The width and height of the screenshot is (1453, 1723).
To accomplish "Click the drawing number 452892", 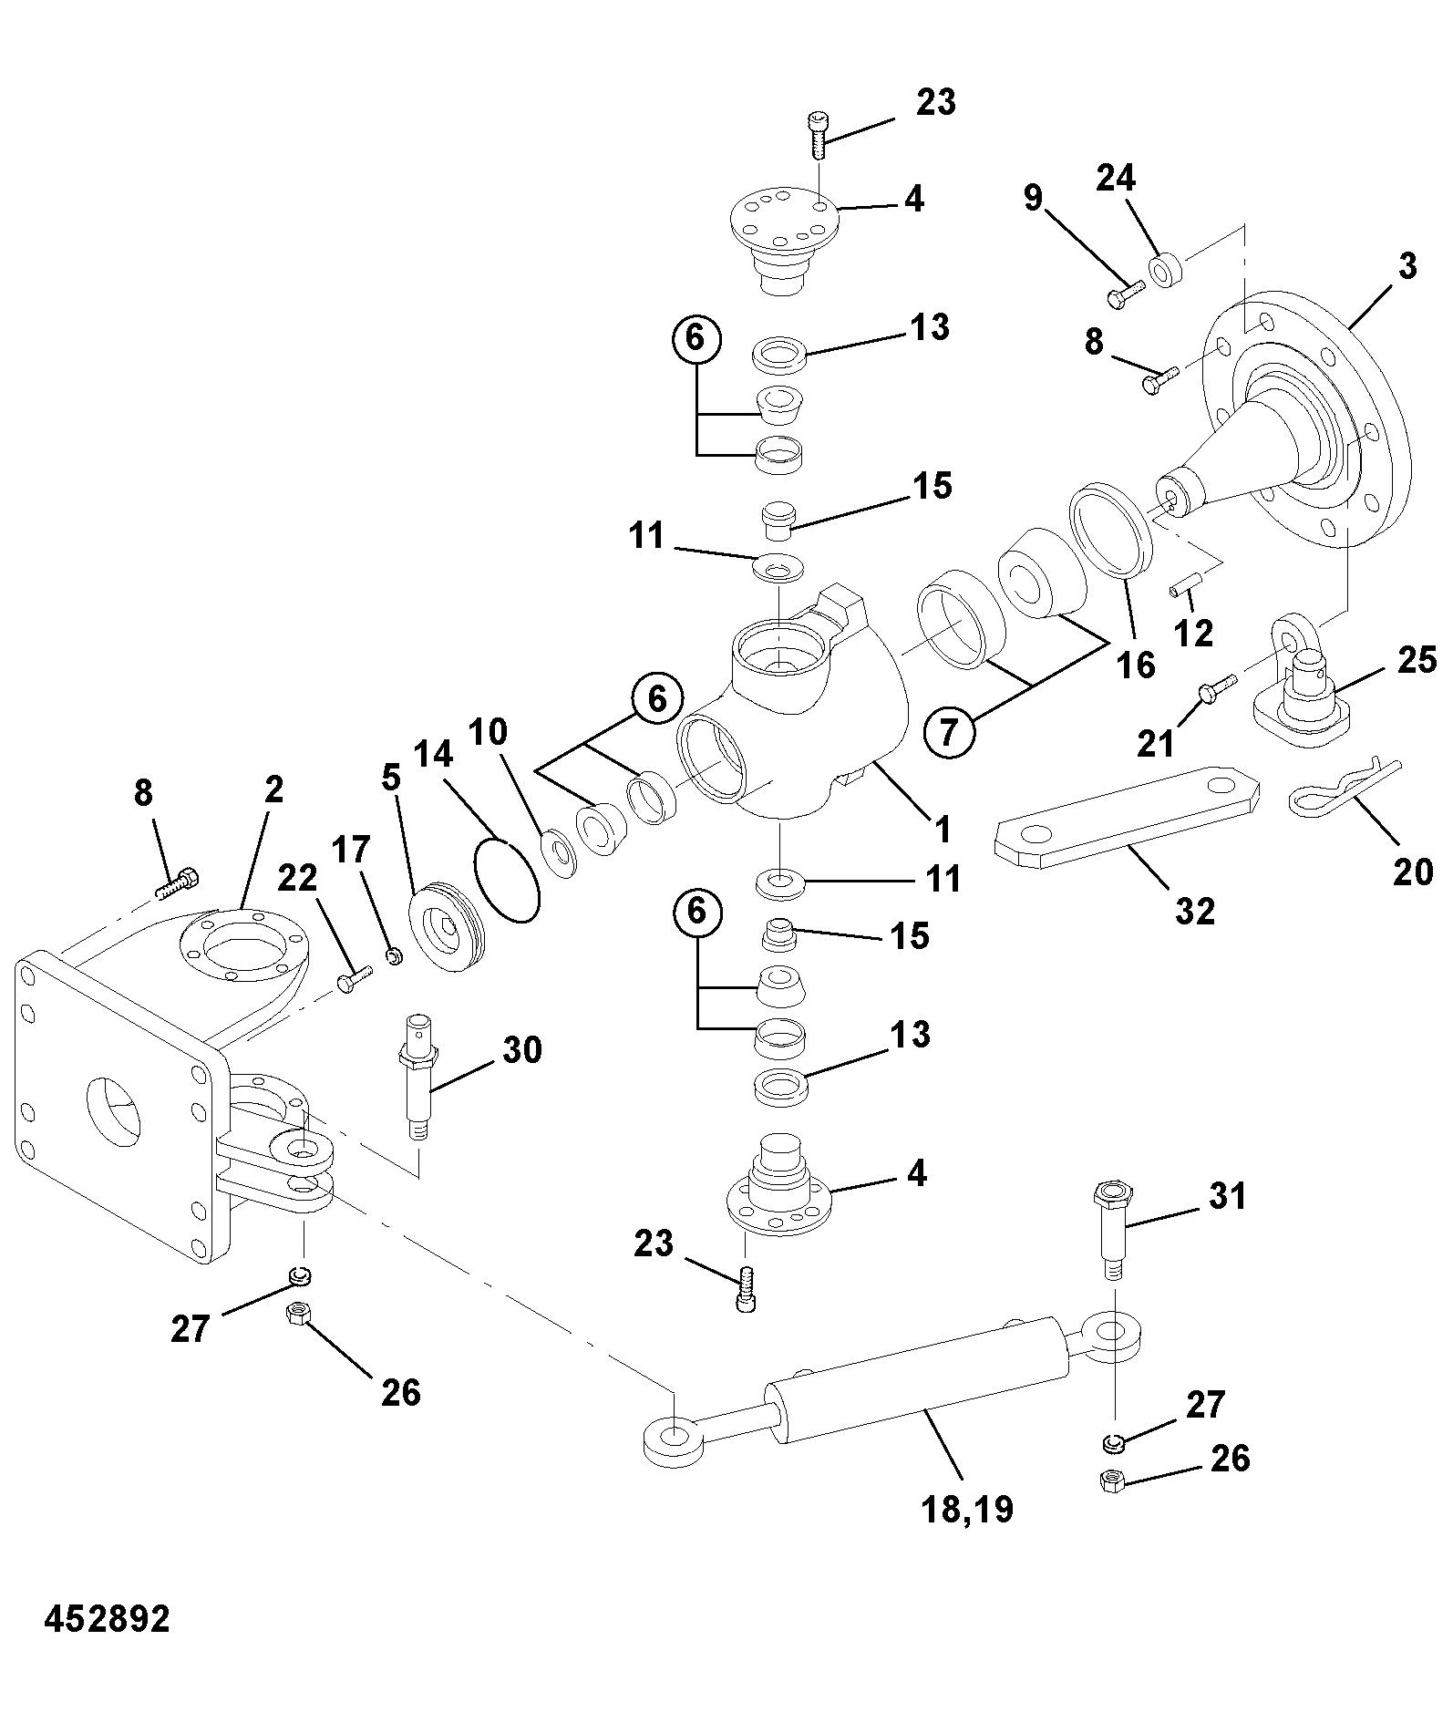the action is [107, 1619].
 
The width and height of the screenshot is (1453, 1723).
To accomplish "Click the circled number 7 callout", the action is [950, 732].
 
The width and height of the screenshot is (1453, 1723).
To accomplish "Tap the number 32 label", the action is [1194, 910].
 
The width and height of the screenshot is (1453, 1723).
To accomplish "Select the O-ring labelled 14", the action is [508, 882].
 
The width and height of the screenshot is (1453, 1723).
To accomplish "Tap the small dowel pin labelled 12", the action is [1183, 583].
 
